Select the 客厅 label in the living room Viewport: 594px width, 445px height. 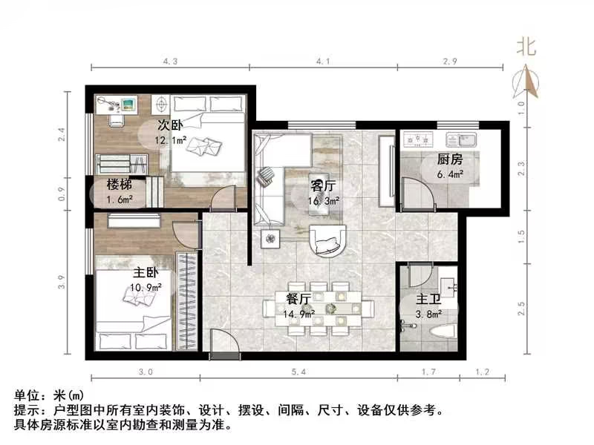tap(323, 186)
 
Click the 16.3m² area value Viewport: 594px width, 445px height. tap(324, 200)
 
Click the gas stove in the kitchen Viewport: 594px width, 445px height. tap(417, 139)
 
